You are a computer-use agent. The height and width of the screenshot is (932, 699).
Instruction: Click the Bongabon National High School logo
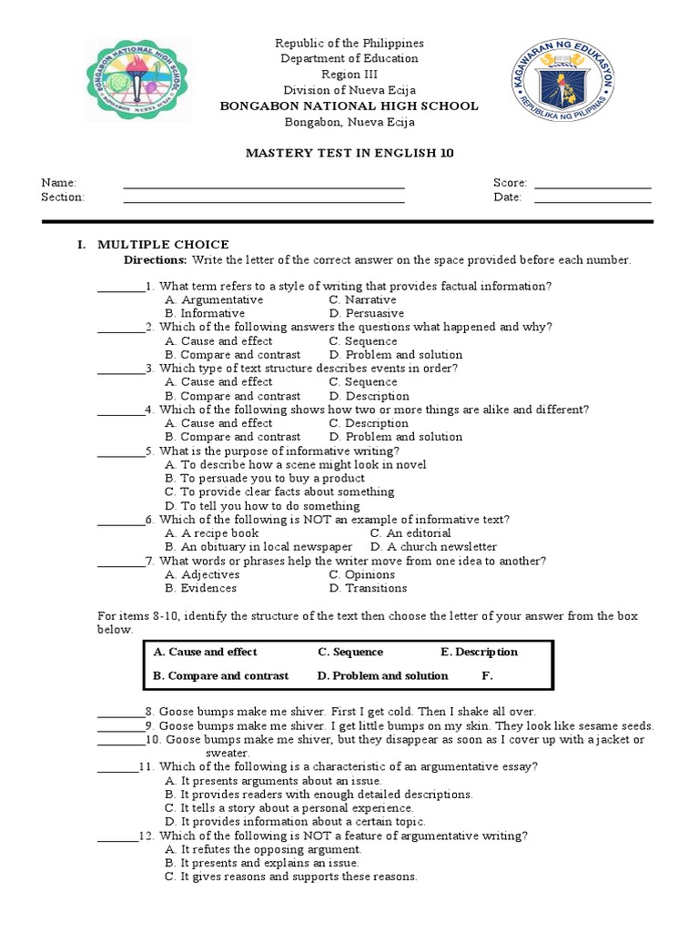[x=137, y=80]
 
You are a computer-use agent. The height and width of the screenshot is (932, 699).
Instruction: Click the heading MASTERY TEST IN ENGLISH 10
[x=349, y=153]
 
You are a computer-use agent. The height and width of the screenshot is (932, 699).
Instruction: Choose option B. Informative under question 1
[x=205, y=313]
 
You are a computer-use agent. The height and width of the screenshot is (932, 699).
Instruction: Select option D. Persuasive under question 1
[x=367, y=313]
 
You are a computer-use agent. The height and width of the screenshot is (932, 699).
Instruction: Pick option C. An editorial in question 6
[x=410, y=532]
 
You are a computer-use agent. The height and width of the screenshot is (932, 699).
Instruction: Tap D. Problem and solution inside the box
[x=382, y=675]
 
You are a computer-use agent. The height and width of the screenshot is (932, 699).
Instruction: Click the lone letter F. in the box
[x=487, y=675]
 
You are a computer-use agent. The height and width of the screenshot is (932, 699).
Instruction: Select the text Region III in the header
[x=349, y=75]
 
